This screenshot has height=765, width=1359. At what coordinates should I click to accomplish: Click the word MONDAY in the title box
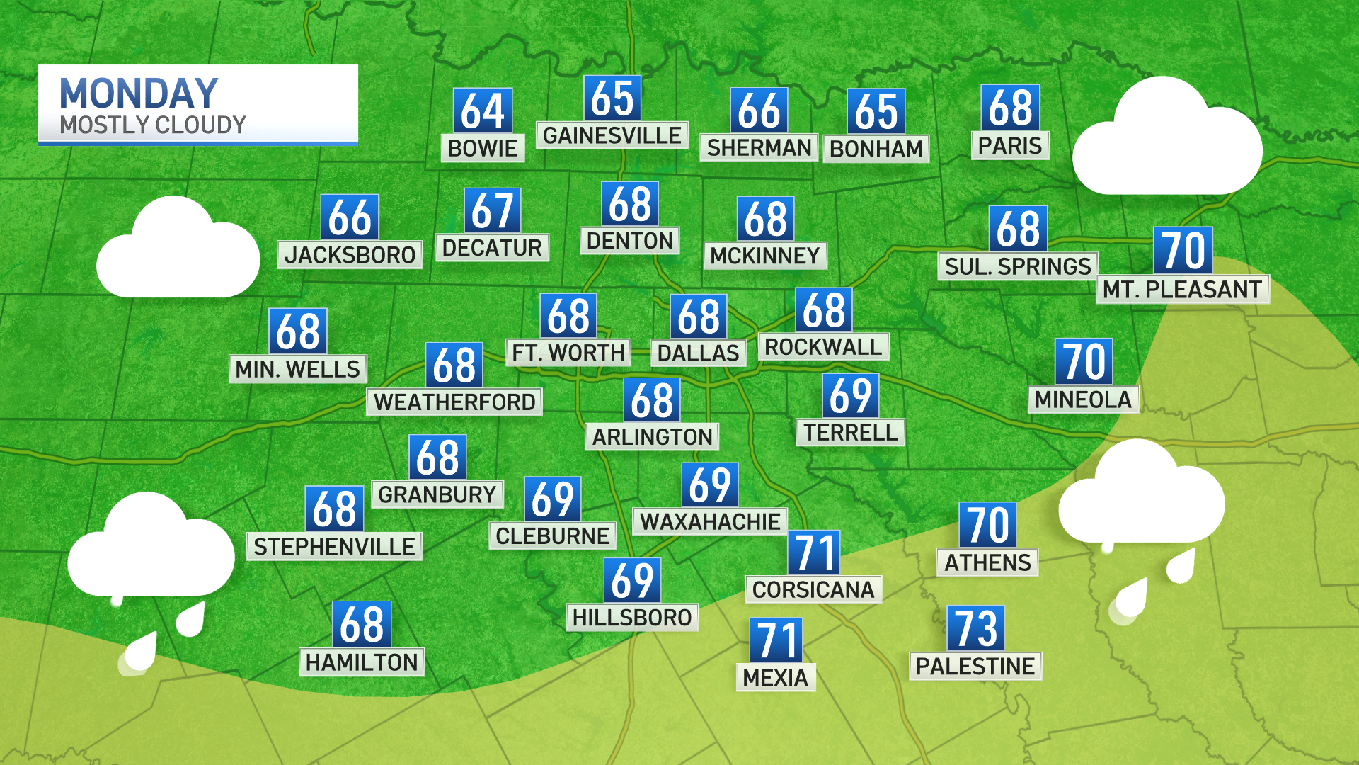139,93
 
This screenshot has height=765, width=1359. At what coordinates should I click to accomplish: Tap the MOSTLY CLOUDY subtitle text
153,125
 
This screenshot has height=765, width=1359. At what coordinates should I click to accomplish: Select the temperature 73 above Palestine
976,628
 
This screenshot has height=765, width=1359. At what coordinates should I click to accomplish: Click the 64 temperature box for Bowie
483,110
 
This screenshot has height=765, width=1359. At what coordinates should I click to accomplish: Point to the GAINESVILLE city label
612,135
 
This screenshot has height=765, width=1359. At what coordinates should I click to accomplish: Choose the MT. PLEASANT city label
1182,290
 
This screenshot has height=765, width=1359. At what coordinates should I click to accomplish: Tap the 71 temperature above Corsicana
814,552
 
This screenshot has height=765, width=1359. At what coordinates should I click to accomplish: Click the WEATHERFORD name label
454,402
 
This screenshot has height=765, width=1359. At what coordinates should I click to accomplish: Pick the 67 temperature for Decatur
493,210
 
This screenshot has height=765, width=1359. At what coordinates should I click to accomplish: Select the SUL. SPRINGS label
1017,266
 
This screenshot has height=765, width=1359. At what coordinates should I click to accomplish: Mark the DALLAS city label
698,353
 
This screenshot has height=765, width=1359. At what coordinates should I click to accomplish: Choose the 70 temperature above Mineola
1084,361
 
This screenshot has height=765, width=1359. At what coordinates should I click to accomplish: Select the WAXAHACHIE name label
710,522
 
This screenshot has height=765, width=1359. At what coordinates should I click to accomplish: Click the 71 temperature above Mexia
776,640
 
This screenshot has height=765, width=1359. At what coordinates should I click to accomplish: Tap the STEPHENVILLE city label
334,547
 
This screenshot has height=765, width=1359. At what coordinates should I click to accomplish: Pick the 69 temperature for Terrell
851,395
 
